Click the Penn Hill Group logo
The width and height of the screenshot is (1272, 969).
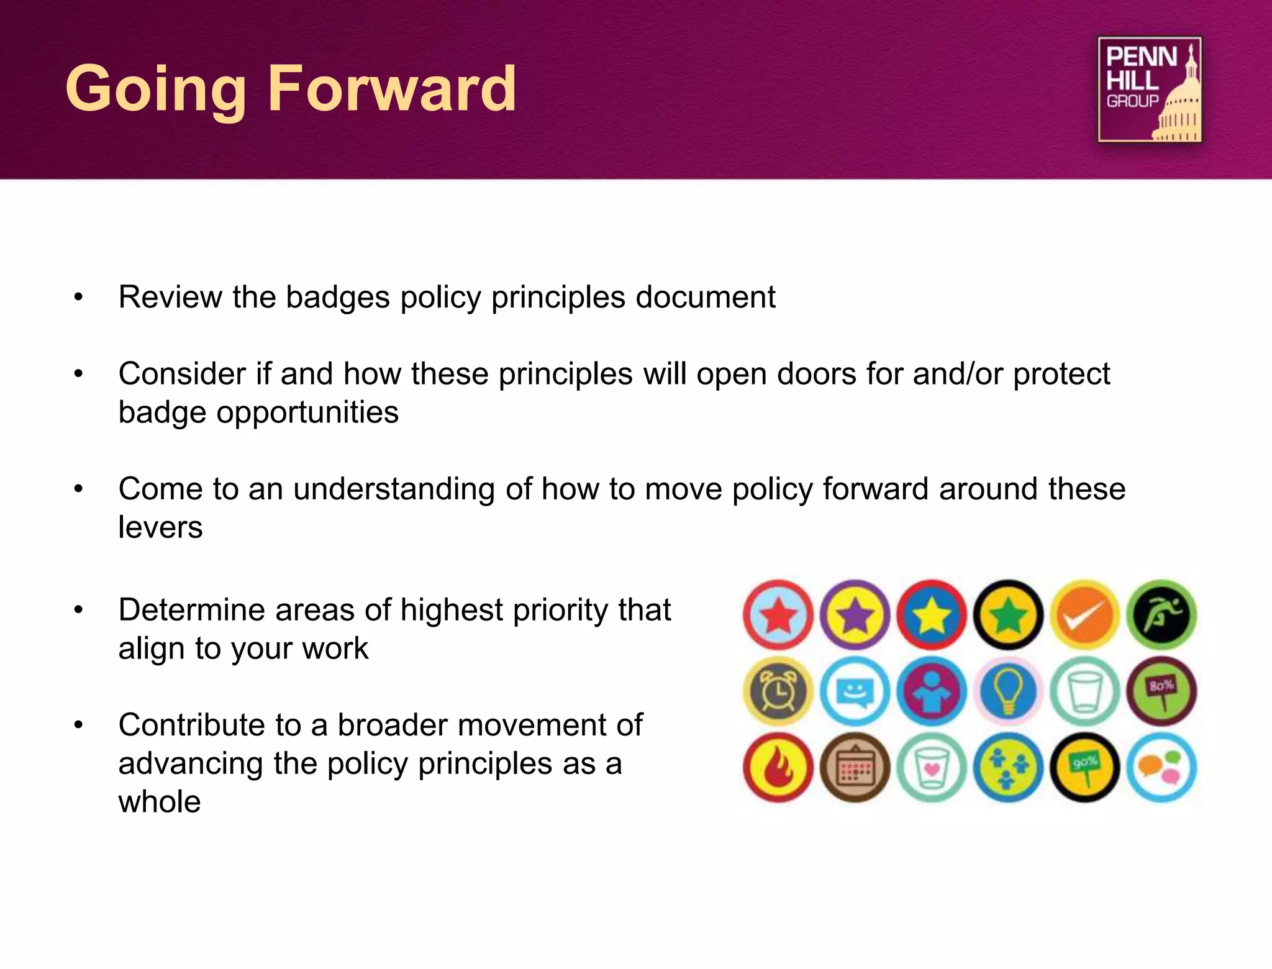click(1149, 89)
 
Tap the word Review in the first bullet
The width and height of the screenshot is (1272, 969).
click(170, 297)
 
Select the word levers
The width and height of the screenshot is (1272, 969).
click(160, 527)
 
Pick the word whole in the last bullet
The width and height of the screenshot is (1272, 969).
click(160, 802)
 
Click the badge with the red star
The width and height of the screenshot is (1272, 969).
click(778, 615)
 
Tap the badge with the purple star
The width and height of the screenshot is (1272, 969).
click(855, 615)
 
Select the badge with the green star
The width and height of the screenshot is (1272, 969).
click(1009, 615)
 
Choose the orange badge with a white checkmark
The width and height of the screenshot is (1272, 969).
click(1085, 615)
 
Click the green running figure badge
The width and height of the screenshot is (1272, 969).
click(1162, 615)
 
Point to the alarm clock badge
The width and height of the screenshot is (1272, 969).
click(778, 691)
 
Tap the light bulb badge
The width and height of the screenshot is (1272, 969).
click(1009, 691)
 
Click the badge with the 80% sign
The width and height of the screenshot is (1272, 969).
click(1162, 691)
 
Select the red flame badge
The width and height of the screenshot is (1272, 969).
click(778, 768)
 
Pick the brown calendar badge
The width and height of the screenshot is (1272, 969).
click(855, 768)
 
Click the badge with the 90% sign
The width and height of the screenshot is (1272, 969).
click(1085, 768)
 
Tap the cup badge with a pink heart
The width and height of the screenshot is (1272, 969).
click(932, 768)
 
